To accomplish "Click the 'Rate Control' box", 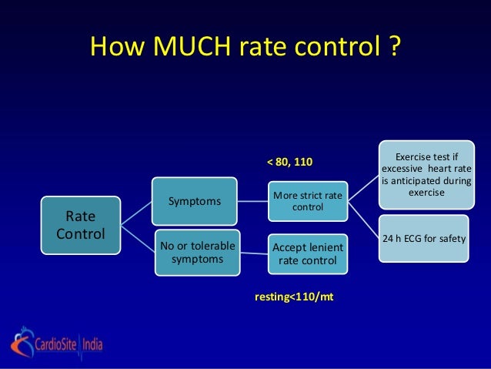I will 81,223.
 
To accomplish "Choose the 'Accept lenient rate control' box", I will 308,253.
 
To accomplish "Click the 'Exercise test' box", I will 426,174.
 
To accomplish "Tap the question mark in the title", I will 393,48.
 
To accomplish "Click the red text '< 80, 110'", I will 291,163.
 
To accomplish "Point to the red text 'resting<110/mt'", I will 294,297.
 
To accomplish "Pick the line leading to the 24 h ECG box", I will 363,218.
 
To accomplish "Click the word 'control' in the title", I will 336,48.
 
